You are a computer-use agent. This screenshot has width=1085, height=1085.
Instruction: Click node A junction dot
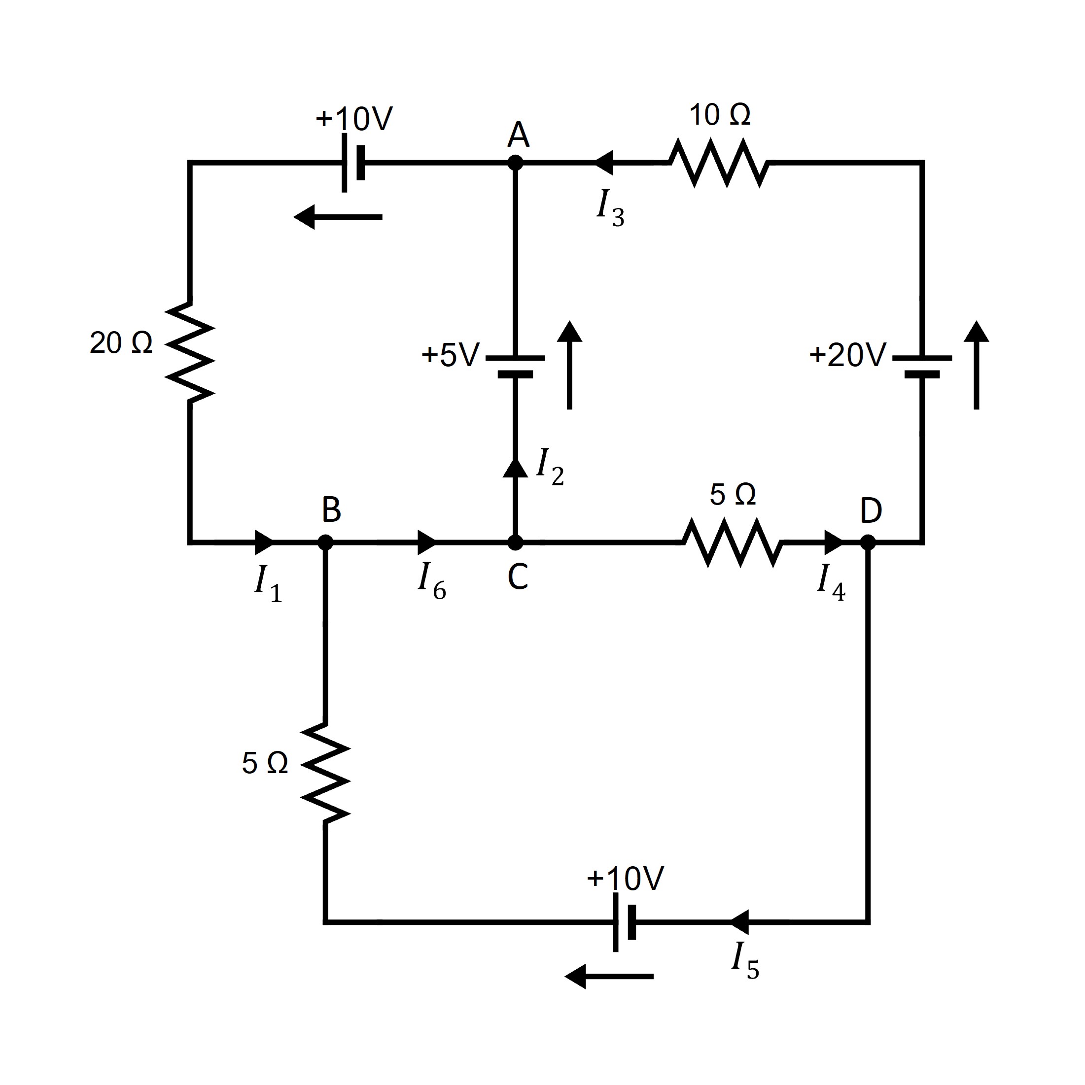pyautogui.click(x=515, y=163)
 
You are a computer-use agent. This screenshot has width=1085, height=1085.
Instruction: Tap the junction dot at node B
pyautogui.click(x=325, y=542)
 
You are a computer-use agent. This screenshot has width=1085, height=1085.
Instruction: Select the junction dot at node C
pyautogui.click(x=515, y=542)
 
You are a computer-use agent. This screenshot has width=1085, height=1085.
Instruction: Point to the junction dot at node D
pyautogui.click(x=868, y=542)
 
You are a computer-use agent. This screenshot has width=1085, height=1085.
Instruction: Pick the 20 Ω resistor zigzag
pyautogui.click(x=190, y=353)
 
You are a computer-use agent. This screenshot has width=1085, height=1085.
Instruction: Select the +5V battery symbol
pyautogui.click(x=515, y=366)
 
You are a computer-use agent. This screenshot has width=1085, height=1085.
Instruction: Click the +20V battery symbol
pyautogui.click(x=922, y=366)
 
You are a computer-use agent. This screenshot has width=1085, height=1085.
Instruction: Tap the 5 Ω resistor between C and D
pyautogui.click(x=733, y=542)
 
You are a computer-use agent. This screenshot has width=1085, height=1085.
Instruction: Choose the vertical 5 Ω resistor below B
pyautogui.click(x=325, y=773)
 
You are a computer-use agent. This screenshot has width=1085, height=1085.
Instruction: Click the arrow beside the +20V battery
pyautogui.click(x=976, y=365)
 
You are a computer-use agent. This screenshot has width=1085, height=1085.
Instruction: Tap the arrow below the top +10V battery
pyautogui.click(x=338, y=217)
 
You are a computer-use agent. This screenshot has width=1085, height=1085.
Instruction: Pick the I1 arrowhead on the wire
pyautogui.click(x=264, y=542)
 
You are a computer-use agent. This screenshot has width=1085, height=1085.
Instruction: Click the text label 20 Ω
pyautogui.click(x=121, y=342)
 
